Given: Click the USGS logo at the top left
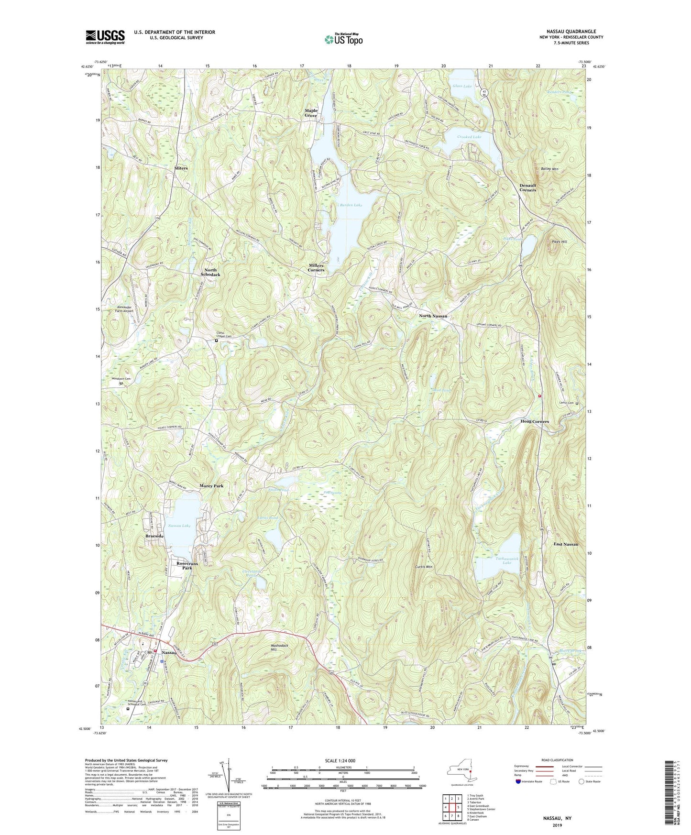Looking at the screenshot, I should coord(105,36).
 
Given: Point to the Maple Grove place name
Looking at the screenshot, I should coord(311,113).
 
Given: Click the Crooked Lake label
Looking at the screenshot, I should coord(469,137).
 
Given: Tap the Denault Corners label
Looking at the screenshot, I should coord(528,187).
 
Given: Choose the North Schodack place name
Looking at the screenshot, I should coord(210,272).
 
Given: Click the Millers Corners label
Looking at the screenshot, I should coord(316,267).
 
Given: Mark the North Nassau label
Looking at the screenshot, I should coord(433,316).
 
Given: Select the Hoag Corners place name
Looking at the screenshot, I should coord(535,421).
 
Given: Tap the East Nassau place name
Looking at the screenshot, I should coord(566,544).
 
